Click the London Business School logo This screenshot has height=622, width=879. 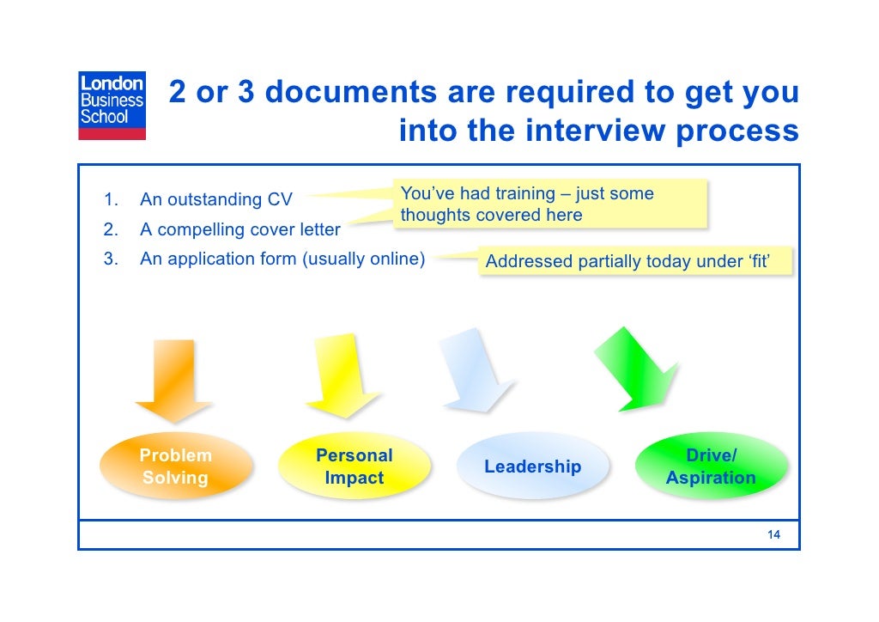[112, 105]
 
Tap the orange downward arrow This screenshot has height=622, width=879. [174, 379]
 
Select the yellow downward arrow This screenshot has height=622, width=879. [344, 375]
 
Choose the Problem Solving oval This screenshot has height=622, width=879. [176, 466]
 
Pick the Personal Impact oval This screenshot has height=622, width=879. [354, 466]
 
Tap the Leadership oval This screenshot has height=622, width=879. [532, 466]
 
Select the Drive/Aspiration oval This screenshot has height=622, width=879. [711, 466]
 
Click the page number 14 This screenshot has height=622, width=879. [773, 535]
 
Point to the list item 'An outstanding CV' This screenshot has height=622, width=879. [216, 200]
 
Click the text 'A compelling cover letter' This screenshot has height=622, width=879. [240, 230]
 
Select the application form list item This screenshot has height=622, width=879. [282, 259]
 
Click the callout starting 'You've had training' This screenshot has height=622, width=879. [549, 204]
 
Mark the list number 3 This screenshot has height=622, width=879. [110, 259]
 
